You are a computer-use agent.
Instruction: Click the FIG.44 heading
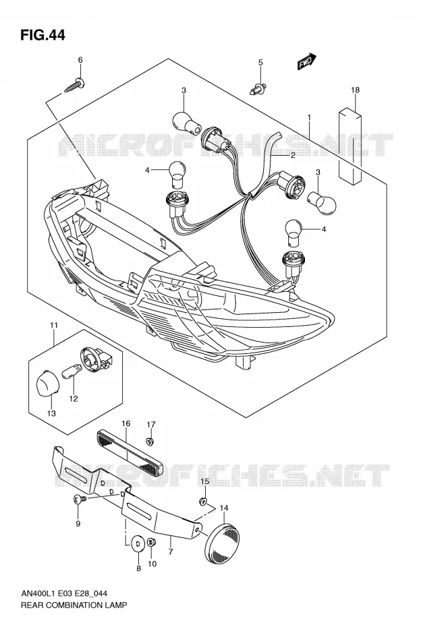43,35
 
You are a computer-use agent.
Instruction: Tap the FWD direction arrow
307,62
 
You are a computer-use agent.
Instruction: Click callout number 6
80,61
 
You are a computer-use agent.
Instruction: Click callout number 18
355,90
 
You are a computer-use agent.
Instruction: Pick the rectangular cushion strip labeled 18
350,146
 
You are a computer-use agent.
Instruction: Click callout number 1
310,117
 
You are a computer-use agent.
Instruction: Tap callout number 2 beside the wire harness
293,155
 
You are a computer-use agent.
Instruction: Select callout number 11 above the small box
54,326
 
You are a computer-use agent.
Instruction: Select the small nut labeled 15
203,501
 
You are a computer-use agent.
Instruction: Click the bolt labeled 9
79,499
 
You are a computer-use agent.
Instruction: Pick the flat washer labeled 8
138,544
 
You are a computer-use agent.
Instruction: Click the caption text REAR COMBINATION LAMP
74,605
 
